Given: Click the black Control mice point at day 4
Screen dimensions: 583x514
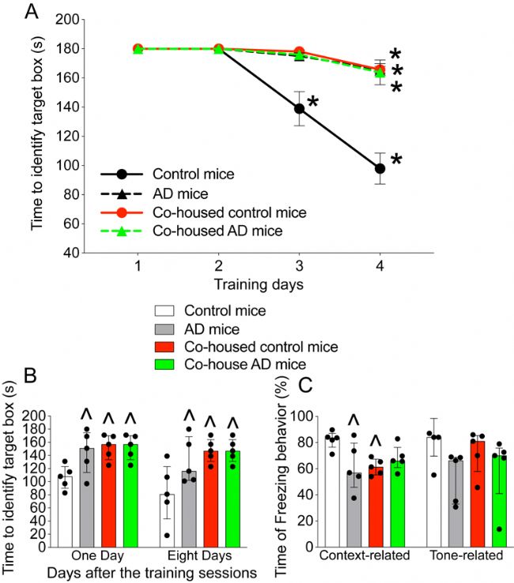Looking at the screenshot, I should [x=380, y=168].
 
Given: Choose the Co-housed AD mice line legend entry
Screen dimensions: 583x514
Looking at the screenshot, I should [x=214, y=230].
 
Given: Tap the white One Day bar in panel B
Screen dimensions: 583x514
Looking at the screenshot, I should [x=66, y=505].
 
